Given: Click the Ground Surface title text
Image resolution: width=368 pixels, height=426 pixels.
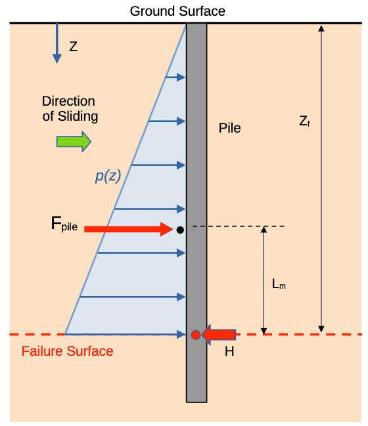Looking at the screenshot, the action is (177, 11).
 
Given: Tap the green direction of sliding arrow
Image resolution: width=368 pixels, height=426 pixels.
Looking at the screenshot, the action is (74, 142).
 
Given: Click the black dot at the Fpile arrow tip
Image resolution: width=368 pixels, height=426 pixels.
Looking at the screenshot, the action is (180, 230).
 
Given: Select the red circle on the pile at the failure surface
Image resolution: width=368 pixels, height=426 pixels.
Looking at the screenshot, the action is (196, 335).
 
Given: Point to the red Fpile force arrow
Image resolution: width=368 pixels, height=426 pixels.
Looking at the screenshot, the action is (128, 229).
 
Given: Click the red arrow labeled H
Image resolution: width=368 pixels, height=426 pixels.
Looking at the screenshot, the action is (219, 335).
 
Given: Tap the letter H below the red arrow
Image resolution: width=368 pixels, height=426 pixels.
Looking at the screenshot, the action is (229, 351).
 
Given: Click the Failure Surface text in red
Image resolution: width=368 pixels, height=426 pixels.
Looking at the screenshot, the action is (67, 351).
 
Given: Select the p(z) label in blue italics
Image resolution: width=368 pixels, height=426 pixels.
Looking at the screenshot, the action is (108, 176).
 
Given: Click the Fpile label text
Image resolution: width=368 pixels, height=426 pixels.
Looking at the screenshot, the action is (64, 224).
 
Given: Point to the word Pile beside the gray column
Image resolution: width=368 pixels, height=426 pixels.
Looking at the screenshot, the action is (229, 128).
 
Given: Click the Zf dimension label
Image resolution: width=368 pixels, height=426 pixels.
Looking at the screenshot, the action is (304, 121).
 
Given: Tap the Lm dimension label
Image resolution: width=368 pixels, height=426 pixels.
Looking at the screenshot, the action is (279, 284).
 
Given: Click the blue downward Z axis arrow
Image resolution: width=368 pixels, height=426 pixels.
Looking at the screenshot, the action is (57, 43).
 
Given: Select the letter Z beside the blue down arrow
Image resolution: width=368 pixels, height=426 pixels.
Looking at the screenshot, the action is (73, 47).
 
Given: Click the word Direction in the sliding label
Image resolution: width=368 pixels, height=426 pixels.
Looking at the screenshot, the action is (68, 101).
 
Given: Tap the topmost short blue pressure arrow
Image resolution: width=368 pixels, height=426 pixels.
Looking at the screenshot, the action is (175, 77).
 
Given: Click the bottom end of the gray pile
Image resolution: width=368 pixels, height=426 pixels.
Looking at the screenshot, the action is (196, 402).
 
